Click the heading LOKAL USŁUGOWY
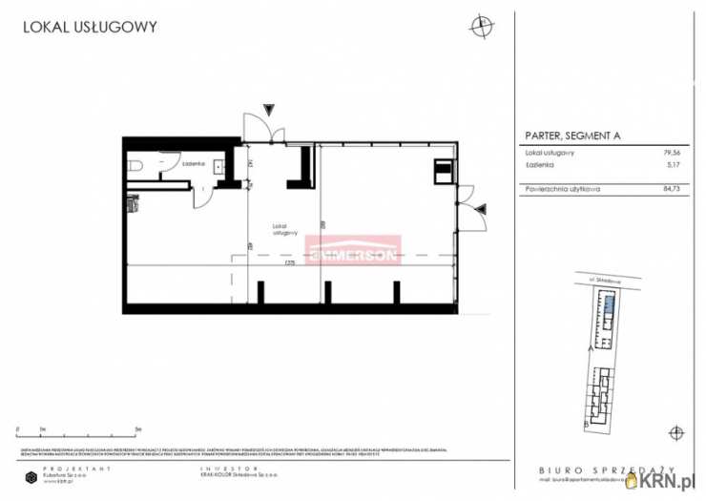[x=90, y=28]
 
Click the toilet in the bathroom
[x=134, y=166]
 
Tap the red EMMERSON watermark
[x=352, y=251]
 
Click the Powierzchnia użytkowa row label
[x=562, y=189]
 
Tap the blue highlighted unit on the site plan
[x=608, y=307]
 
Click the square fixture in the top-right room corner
[x=443, y=171]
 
